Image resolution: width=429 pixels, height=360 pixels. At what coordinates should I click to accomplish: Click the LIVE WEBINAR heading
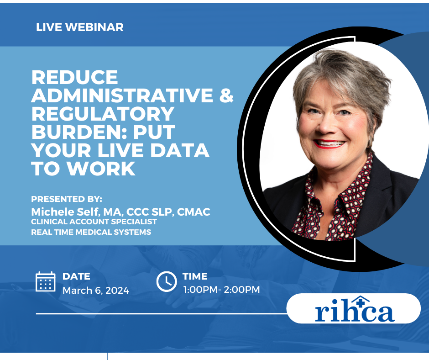tap(79, 27)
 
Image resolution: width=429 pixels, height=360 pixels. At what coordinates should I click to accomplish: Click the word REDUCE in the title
tap(75, 77)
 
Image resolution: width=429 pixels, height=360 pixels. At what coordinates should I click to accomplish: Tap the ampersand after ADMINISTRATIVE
tap(226, 95)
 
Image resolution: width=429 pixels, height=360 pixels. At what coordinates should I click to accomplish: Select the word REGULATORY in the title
tap(103, 114)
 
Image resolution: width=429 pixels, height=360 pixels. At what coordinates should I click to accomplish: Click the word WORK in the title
tap(101, 169)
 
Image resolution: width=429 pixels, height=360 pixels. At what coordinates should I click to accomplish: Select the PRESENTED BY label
tap(67, 199)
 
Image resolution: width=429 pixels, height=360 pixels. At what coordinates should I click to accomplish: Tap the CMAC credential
tap(194, 212)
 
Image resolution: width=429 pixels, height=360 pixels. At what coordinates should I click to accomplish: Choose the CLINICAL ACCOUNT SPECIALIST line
tap(94, 222)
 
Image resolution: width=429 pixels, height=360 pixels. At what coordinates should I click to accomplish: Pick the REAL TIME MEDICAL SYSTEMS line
tap(91, 232)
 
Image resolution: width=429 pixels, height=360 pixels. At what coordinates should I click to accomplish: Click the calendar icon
tap(46, 281)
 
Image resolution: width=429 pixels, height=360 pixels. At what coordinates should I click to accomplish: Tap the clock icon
tap(167, 281)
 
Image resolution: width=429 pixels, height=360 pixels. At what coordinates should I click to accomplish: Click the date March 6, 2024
tap(96, 291)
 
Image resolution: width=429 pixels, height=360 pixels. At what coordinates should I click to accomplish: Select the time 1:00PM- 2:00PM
tap(221, 290)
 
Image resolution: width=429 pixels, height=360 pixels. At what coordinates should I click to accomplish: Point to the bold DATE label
tap(76, 276)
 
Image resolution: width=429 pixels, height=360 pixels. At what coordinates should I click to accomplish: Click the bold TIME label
tap(195, 276)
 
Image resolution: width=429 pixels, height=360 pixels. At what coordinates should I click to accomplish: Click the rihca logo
tap(355, 309)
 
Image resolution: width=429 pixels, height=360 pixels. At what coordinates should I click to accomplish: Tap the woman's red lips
tap(329, 143)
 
